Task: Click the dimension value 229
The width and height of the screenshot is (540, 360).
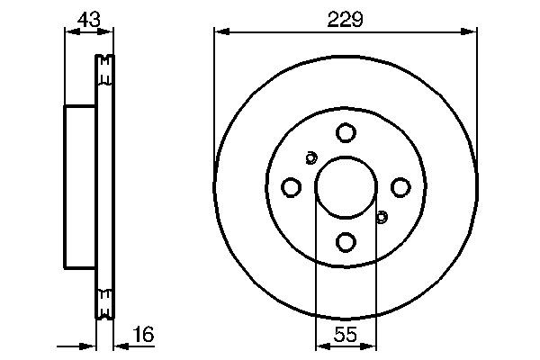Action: coord(346,18)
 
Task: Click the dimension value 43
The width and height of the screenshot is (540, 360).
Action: coord(87,17)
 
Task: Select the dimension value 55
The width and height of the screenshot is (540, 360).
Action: coord(346,335)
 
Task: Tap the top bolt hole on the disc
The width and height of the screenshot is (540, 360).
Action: coord(346,133)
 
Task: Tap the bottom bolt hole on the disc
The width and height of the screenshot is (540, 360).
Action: coord(346,241)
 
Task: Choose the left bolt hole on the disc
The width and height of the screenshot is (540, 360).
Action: coord(291,187)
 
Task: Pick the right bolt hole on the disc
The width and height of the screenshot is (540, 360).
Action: coord(400,187)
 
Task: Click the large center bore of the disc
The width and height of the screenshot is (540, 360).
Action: coord(346,187)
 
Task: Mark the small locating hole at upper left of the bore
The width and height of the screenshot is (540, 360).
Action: coord(310,158)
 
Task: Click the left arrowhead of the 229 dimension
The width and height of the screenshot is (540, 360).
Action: coord(219,31)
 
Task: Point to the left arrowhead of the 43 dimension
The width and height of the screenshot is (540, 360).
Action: coord(68,31)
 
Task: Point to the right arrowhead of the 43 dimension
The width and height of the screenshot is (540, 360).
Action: coord(110,31)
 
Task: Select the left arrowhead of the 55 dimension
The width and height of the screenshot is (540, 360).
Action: coord(319,346)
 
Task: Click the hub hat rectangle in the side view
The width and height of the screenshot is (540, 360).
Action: coord(80,186)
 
